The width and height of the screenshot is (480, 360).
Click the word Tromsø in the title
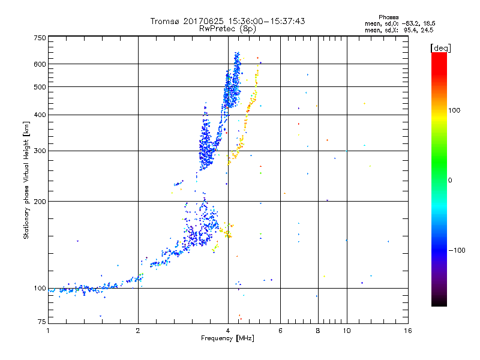coord(164,22)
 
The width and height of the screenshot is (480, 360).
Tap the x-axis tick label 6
coord(281,331)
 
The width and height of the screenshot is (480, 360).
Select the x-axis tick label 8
coord(318,331)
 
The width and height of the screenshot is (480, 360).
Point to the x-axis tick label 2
coord(138,331)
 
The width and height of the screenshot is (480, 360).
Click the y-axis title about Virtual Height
coord(26,180)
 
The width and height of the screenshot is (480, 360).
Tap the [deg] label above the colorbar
coord(440,47)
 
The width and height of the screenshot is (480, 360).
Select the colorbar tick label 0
coord(450,180)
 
